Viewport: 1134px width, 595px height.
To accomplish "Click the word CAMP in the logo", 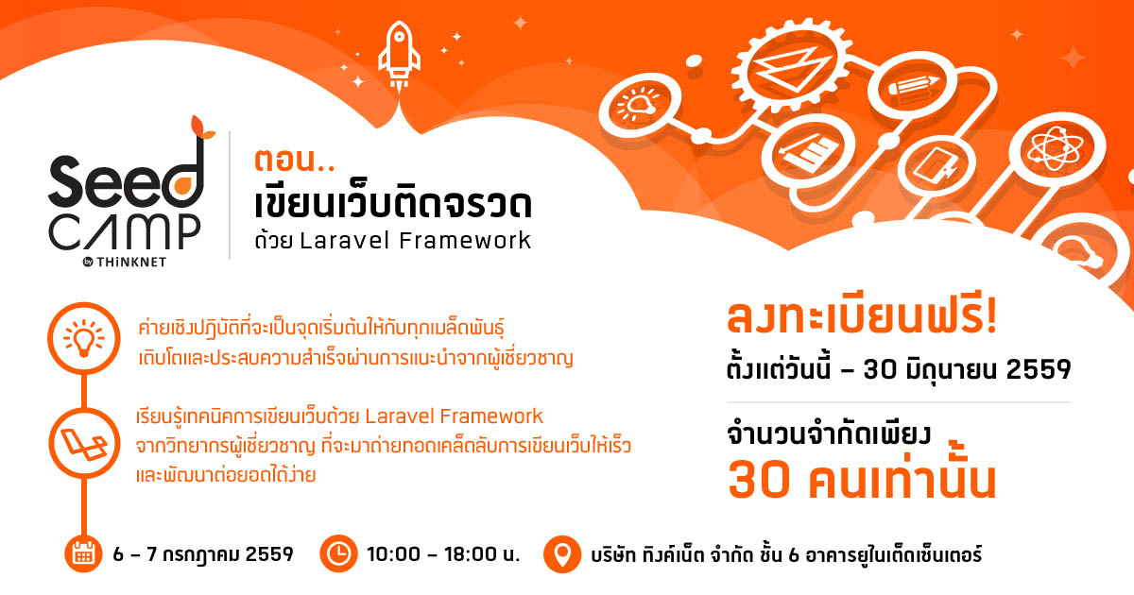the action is coord(125,232).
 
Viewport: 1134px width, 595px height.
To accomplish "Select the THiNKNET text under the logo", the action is coord(131,263).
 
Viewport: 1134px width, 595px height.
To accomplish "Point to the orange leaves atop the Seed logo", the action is coord(202,127).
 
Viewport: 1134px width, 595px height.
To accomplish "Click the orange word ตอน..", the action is coord(286,160).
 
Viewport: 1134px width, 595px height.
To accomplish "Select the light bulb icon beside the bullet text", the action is coord(84,338).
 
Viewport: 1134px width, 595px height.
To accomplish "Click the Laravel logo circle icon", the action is coord(84,443).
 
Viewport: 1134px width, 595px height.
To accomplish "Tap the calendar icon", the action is coord(83,553).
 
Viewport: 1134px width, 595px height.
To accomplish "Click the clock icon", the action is coord(338,553).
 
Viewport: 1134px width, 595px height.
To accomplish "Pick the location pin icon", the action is coord(562,554).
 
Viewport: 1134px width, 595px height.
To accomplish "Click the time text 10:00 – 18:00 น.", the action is coord(443,554).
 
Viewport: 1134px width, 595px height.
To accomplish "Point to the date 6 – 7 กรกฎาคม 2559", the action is coord(203,554).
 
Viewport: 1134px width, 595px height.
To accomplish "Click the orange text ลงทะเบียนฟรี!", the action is coord(862,317).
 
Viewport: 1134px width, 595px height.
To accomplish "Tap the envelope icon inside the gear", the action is coord(791,69).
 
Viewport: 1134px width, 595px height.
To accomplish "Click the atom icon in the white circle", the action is coord(1057,148).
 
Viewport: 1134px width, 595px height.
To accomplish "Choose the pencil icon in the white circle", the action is coord(914,85).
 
